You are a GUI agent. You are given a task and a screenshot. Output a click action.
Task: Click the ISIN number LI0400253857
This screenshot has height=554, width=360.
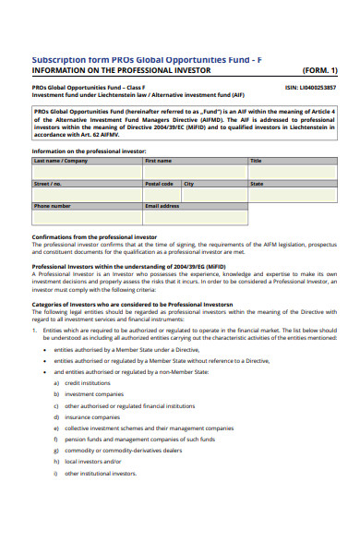(x=311, y=87)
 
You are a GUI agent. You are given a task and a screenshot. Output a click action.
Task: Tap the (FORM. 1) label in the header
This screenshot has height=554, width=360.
(x=319, y=70)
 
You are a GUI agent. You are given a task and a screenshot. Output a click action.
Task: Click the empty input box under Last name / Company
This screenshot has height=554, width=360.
(x=87, y=172)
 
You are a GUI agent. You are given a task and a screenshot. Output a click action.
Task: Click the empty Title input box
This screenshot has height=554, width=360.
(x=293, y=172)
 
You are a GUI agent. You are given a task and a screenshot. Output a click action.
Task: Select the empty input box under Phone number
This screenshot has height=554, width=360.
(x=87, y=218)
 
